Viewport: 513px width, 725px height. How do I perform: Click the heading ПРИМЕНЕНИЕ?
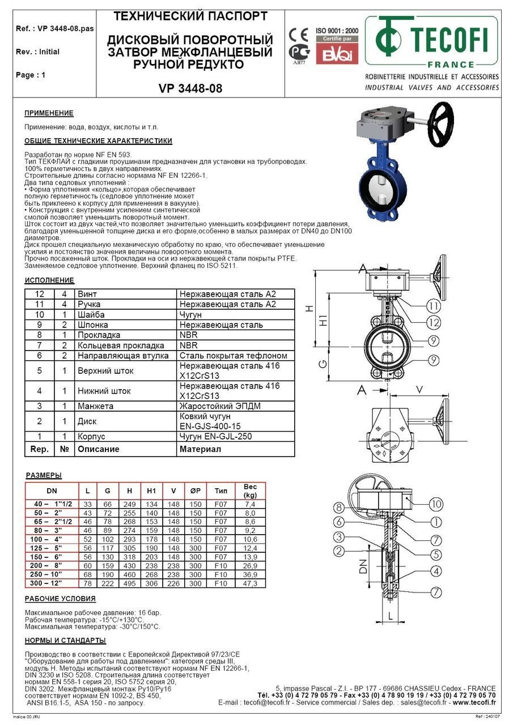(49, 113)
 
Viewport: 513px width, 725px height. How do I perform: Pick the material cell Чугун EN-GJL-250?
(215, 437)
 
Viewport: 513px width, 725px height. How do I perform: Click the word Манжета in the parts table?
(95, 406)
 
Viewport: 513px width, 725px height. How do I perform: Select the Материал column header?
(200, 449)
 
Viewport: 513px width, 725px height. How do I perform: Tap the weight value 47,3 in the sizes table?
(250, 583)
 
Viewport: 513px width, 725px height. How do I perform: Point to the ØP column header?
(195, 491)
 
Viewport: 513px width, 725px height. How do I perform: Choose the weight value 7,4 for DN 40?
(250, 504)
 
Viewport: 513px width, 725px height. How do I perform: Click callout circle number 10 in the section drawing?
(436, 503)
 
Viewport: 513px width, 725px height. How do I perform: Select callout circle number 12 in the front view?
(434, 323)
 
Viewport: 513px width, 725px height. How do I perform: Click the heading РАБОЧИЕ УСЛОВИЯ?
(60, 599)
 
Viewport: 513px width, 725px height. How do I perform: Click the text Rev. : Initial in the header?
(37, 52)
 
